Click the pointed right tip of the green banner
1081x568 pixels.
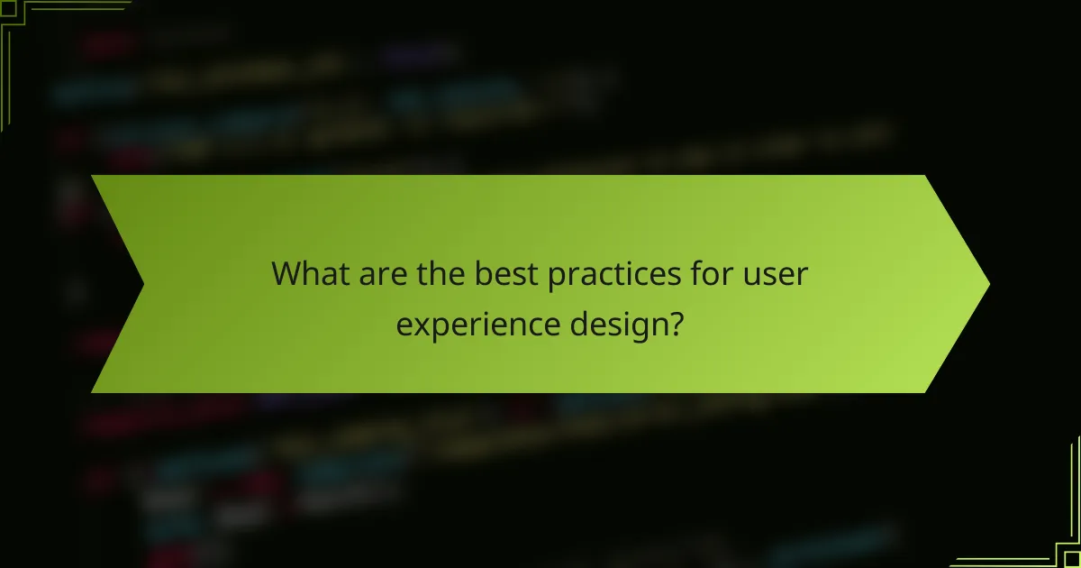(987, 284)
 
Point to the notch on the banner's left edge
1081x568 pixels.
(142, 284)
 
